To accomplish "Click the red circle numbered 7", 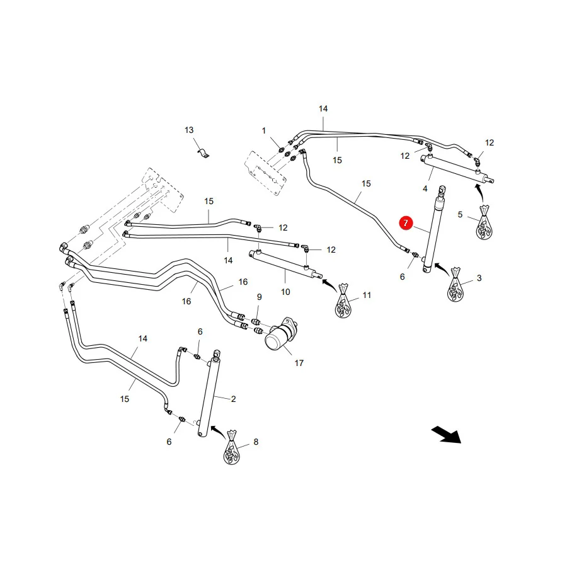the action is coord(406,223).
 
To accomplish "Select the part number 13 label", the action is coord(189,130).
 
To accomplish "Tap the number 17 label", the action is coord(299,363).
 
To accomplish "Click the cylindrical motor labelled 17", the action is coord(282,334).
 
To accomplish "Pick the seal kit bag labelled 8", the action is coord(231,448).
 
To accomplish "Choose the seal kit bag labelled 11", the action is coord(343,301).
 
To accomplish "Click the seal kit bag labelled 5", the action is coord(484,222).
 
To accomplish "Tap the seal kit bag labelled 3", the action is coord(455,285).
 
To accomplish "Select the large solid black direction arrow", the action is coord(446,434).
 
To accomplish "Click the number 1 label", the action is coord(264,130).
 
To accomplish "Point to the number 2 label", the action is coord(233,399).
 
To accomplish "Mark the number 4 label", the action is coord(425,188).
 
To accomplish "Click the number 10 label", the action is coord(285,292).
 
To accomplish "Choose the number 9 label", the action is coord(260,297).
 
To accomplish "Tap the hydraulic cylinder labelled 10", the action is coord(285,265).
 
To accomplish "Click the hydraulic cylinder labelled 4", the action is coord(457,168).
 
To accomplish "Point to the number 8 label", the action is coord(256,442).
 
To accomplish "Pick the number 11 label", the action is coord(367,295).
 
